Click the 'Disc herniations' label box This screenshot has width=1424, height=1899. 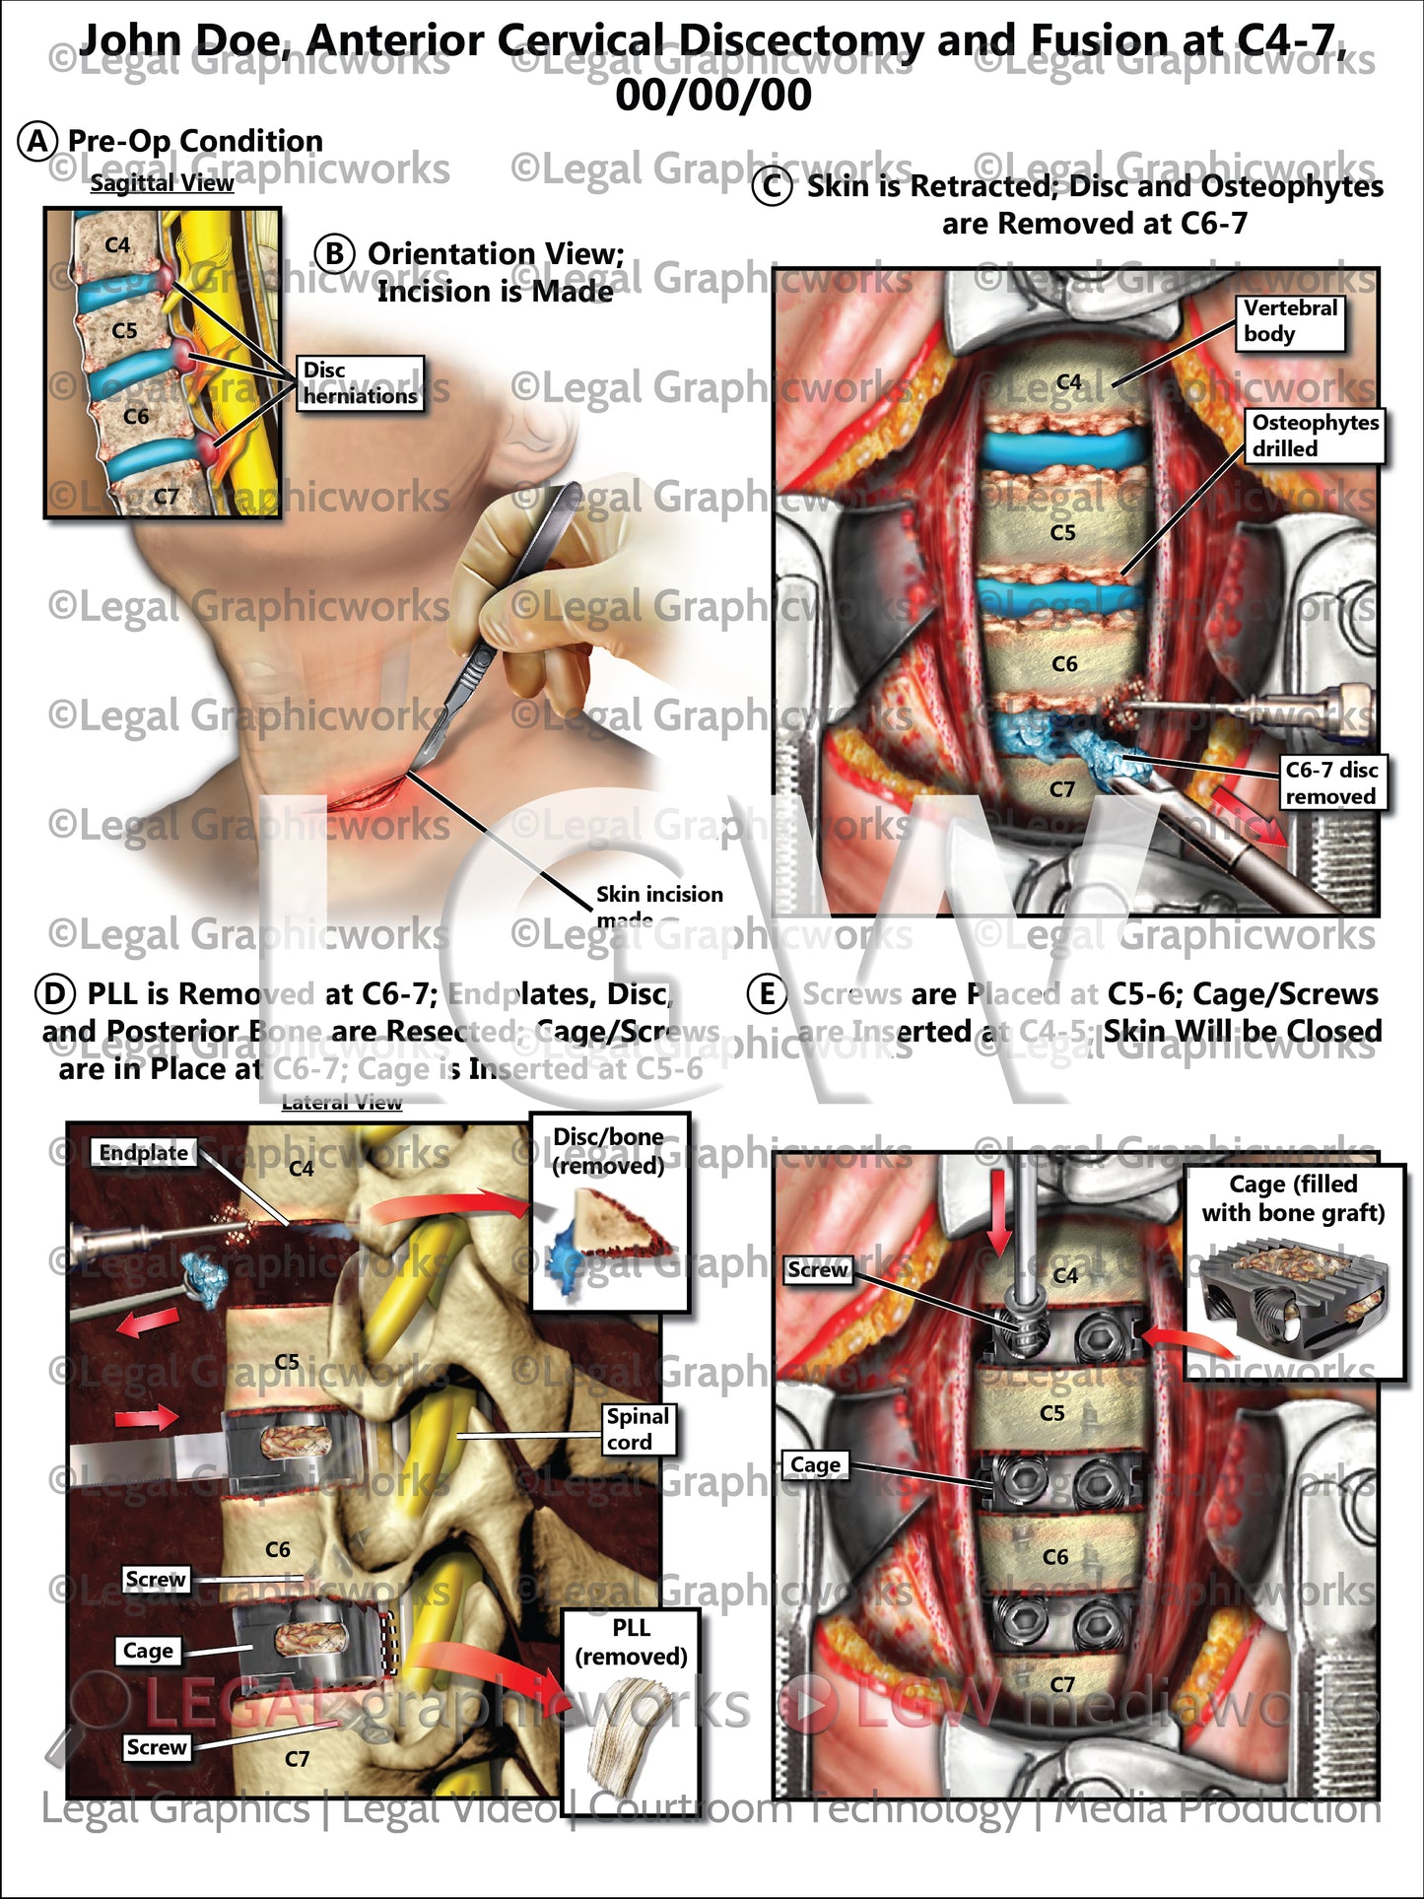360,383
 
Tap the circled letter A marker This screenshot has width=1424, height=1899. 37,141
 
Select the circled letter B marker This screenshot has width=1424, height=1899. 334,254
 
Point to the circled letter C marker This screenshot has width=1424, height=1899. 772,186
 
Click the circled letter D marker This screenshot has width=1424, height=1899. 55,993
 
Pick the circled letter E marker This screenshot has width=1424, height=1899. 768,994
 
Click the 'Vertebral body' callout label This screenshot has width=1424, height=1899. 1290,321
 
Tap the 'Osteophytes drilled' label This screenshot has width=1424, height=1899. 1315,436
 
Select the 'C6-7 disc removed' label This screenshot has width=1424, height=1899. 1330,782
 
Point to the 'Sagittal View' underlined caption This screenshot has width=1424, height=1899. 162,183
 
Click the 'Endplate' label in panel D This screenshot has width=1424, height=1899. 144,1152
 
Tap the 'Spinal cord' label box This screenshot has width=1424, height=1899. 638,1429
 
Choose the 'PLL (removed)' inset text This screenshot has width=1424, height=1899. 631,1642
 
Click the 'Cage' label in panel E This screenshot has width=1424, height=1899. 816,1465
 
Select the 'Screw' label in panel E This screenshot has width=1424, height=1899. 817,1270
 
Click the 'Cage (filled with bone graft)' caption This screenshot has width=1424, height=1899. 1293,1197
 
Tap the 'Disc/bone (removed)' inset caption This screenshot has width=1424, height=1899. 608,1151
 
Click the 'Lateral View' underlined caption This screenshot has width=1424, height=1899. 342,1103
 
